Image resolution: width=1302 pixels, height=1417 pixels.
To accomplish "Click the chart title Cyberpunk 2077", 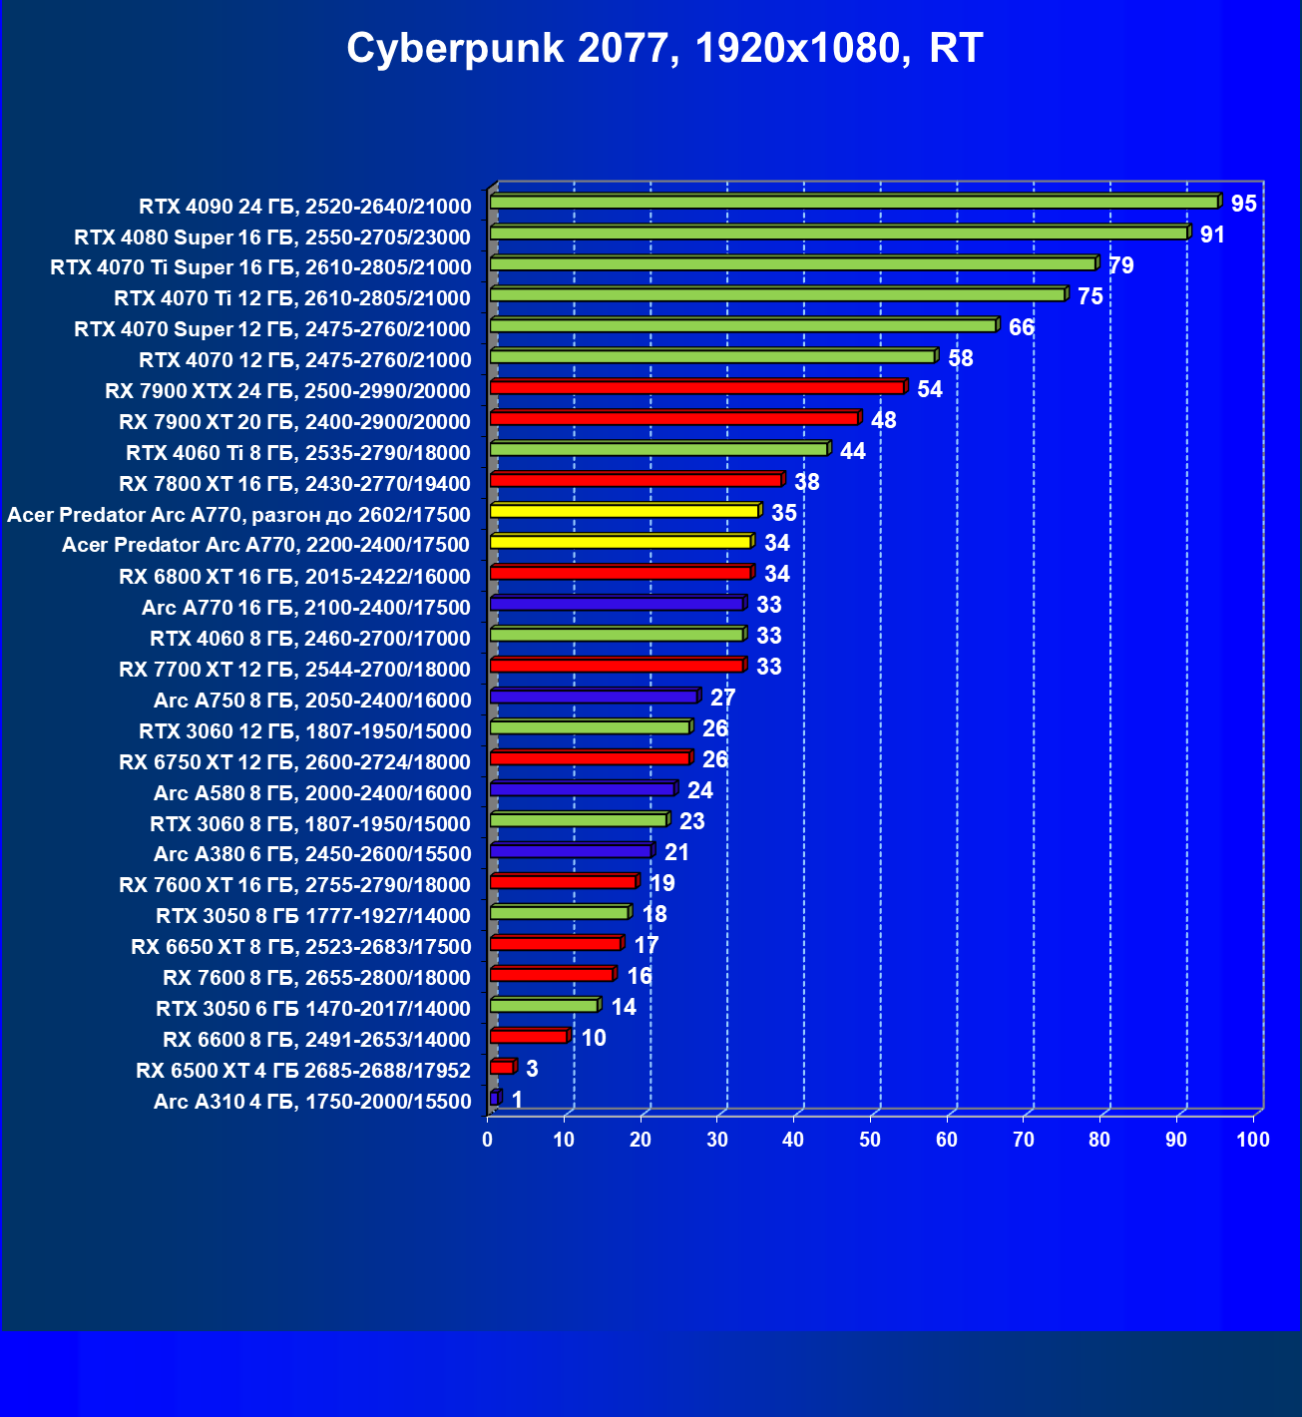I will (x=664, y=48).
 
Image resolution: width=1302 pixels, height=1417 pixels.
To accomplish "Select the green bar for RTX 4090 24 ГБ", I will (x=853, y=203).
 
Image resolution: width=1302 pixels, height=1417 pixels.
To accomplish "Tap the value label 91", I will (x=1212, y=235).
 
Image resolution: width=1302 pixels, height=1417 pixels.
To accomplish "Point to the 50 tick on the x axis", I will (x=870, y=1140).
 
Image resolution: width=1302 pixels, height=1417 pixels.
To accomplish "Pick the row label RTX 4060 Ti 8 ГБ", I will (x=297, y=453).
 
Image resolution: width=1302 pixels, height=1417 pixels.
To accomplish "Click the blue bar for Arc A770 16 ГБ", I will (x=617, y=604).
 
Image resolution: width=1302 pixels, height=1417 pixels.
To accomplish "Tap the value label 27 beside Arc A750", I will (x=722, y=698).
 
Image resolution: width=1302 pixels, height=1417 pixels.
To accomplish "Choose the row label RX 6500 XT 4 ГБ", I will (x=303, y=1071).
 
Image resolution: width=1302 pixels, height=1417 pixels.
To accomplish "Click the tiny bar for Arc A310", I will (x=494, y=1099).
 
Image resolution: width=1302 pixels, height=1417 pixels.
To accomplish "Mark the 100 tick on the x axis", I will (x=1253, y=1140).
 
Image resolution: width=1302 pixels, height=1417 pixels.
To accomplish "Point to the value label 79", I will (x=1121, y=265).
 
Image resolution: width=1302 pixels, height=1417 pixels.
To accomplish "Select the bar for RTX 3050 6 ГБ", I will (x=544, y=1006).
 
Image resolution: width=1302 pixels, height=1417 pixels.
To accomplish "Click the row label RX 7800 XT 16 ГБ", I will (x=294, y=484).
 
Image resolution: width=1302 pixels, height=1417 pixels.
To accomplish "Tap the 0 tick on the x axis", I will (x=488, y=1140).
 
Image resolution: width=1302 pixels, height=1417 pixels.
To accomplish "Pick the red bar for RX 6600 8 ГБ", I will (x=529, y=1037).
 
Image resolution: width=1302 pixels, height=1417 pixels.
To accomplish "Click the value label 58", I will (x=961, y=358).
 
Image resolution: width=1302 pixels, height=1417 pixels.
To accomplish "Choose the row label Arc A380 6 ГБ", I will (x=311, y=854).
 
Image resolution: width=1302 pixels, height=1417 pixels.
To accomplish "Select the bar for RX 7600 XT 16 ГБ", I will (x=563, y=882).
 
